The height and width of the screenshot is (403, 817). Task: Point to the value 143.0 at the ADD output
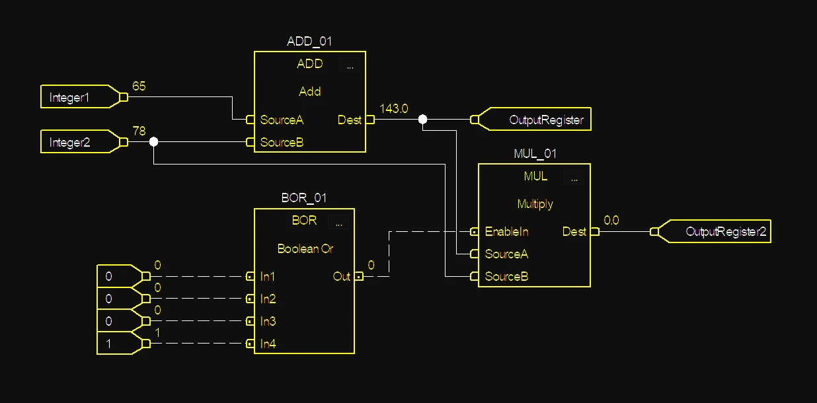394,109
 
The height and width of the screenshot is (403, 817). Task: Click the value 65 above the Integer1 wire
139,87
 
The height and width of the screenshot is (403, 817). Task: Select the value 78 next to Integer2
139,131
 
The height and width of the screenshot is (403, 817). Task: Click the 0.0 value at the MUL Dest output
611,221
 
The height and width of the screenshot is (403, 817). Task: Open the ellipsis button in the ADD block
350,65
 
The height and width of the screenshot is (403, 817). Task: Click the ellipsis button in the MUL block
574,177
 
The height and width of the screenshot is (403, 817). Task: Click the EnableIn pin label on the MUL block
506,232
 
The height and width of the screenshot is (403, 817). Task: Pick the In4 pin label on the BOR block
268,344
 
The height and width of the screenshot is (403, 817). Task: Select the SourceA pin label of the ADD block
282,120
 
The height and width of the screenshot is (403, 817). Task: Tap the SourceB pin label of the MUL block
506,276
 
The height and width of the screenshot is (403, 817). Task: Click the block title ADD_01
309,41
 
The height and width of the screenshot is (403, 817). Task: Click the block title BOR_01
304,198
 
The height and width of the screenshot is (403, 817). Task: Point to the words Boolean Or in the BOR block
305,248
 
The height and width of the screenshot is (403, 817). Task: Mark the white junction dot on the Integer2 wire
153,142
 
